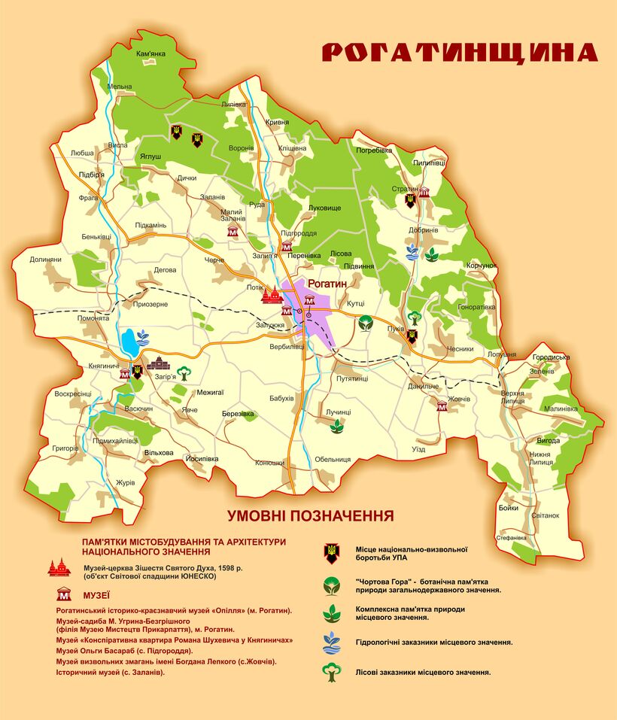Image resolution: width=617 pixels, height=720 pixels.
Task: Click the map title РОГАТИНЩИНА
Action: (x=459, y=52)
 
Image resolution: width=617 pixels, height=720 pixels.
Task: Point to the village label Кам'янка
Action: (x=150, y=54)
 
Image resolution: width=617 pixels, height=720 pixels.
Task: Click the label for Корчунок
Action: (x=482, y=266)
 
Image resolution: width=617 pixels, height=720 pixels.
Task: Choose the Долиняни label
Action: (x=45, y=260)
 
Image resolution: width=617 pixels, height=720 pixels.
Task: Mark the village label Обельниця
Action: (x=333, y=459)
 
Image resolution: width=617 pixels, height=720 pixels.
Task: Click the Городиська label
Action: (x=551, y=357)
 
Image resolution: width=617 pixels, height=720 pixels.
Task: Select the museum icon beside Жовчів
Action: (x=442, y=406)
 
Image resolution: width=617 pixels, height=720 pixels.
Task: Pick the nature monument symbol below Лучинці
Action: (x=337, y=427)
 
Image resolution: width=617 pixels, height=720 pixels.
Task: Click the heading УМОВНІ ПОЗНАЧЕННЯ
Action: (x=311, y=516)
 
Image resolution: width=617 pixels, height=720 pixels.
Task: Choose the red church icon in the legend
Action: (x=59, y=569)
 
